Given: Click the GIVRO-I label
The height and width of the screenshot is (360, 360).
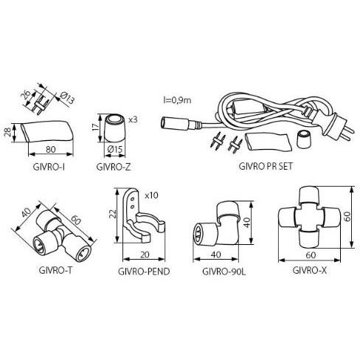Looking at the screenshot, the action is (49, 167).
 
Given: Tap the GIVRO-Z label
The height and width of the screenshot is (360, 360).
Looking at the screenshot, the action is (114, 167).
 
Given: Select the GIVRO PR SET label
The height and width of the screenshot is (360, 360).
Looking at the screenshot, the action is (266, 166).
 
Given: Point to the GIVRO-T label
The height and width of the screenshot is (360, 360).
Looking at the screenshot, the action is (55, 270).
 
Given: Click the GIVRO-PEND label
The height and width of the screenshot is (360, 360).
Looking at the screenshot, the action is (144, 271).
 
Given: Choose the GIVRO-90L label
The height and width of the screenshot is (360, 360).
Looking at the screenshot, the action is (224, 271).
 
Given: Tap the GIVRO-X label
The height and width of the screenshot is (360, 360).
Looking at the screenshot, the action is (310, 271).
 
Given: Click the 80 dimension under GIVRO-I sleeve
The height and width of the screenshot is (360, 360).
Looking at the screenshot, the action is (51, 150).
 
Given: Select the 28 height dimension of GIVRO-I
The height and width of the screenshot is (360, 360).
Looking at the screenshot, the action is (7, 133).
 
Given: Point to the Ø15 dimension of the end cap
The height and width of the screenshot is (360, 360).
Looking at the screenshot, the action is (115, 149).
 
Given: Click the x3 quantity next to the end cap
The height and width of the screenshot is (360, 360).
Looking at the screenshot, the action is (133, 120).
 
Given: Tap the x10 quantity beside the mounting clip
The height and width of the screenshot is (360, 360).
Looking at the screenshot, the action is (151, 195).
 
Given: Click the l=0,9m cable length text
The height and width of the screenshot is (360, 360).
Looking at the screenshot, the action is (177, 100).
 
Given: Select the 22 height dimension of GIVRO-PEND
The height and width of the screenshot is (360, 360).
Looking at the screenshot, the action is (112, 214).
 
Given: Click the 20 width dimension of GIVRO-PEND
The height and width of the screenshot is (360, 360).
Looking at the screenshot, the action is (145, 255).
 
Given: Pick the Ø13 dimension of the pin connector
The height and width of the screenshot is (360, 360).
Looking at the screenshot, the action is (67, 98).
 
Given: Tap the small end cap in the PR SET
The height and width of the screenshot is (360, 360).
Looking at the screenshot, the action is (304, 139).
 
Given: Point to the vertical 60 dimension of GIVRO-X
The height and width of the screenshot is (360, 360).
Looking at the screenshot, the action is (347, 217).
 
